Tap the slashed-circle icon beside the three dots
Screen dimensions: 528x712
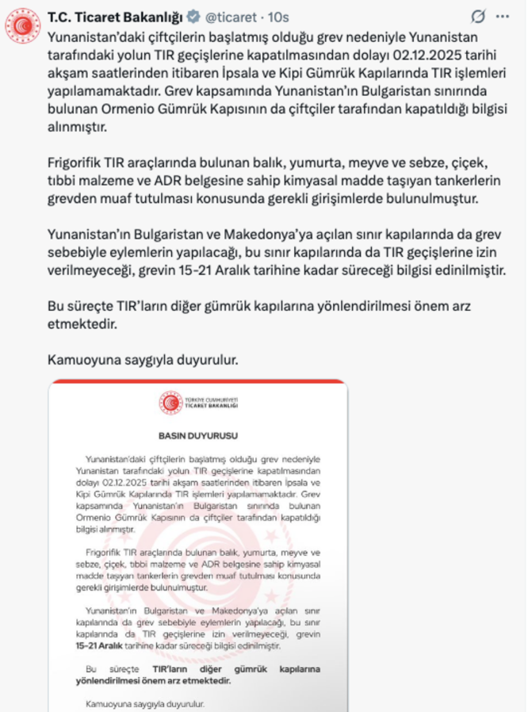pos(477,15)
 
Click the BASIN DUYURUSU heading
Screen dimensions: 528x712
pos(197,436)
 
